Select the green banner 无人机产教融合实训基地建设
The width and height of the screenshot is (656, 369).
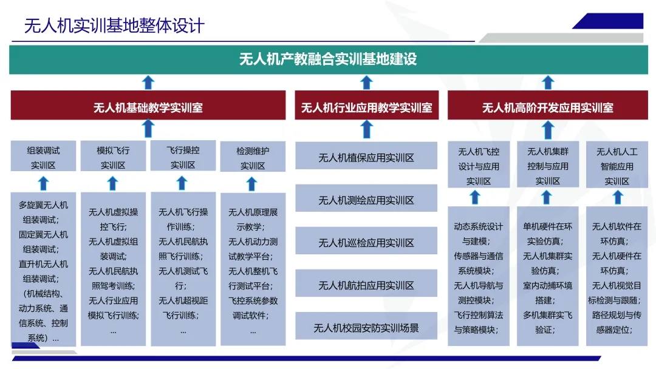tap(328, 59)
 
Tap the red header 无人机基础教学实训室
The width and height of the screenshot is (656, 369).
tap(148, 107)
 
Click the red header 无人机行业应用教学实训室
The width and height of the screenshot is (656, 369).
tap(366, 107)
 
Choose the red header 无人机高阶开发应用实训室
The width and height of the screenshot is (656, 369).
tap(547, 107)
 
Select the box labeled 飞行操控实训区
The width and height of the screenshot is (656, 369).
tap(183, 157)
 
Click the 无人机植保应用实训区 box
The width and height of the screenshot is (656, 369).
tap(366, 158)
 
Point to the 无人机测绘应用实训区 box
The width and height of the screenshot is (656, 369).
tap(366, 200)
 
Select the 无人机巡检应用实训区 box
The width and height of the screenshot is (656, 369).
tap(366, 243)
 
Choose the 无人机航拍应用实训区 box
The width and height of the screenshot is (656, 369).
tap(366, 285)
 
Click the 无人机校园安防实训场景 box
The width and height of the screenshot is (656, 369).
tap(366, 328)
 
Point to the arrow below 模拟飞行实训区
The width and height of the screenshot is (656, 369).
tap(113, 183)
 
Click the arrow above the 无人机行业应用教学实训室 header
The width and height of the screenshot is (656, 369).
tap(366, 83)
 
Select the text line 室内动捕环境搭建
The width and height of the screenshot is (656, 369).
tap(547, 293)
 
